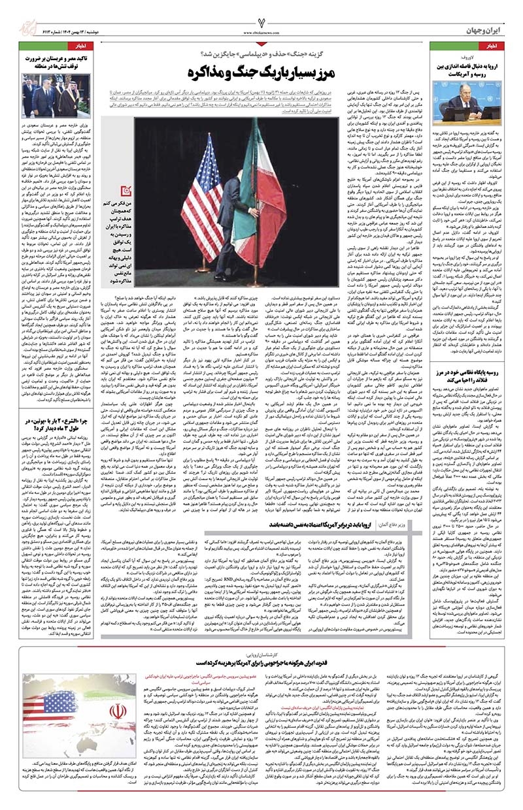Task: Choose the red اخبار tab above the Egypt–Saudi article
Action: click(85, 47)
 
